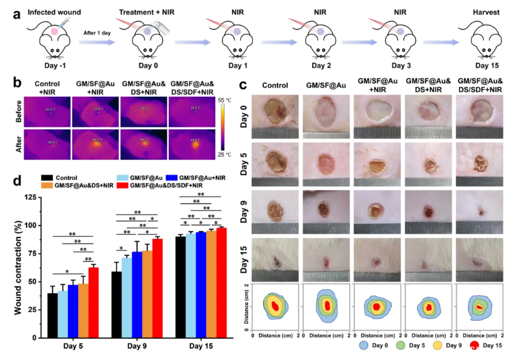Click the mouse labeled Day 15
click(482, 41)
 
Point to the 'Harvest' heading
click(483, 11)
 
